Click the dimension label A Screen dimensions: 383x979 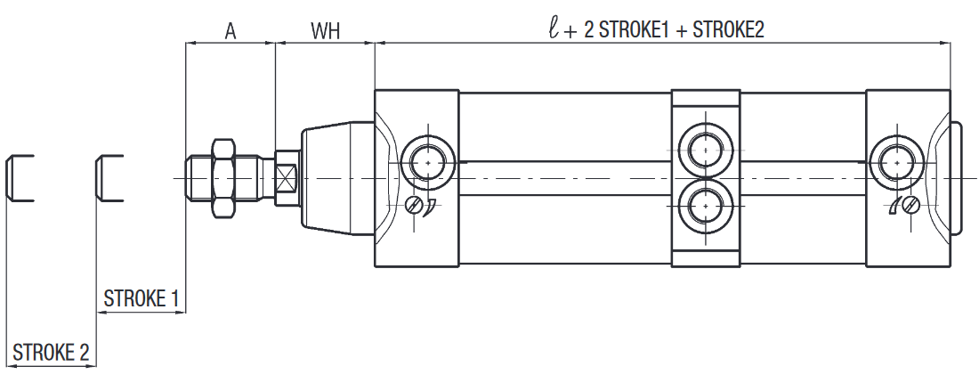pos(230,31)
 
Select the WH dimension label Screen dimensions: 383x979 pos(326,31)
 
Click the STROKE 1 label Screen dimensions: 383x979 pos(142,298)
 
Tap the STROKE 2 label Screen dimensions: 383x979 pos(51,353)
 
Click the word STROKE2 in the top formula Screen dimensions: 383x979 pos(728,30)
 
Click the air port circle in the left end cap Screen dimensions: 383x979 pos(427,164)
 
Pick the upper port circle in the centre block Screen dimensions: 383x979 pos(705,145)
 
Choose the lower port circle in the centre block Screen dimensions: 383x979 pos(705,207)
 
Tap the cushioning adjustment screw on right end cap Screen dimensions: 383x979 pos(909,206)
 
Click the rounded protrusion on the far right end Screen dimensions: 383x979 pos(957,178)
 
